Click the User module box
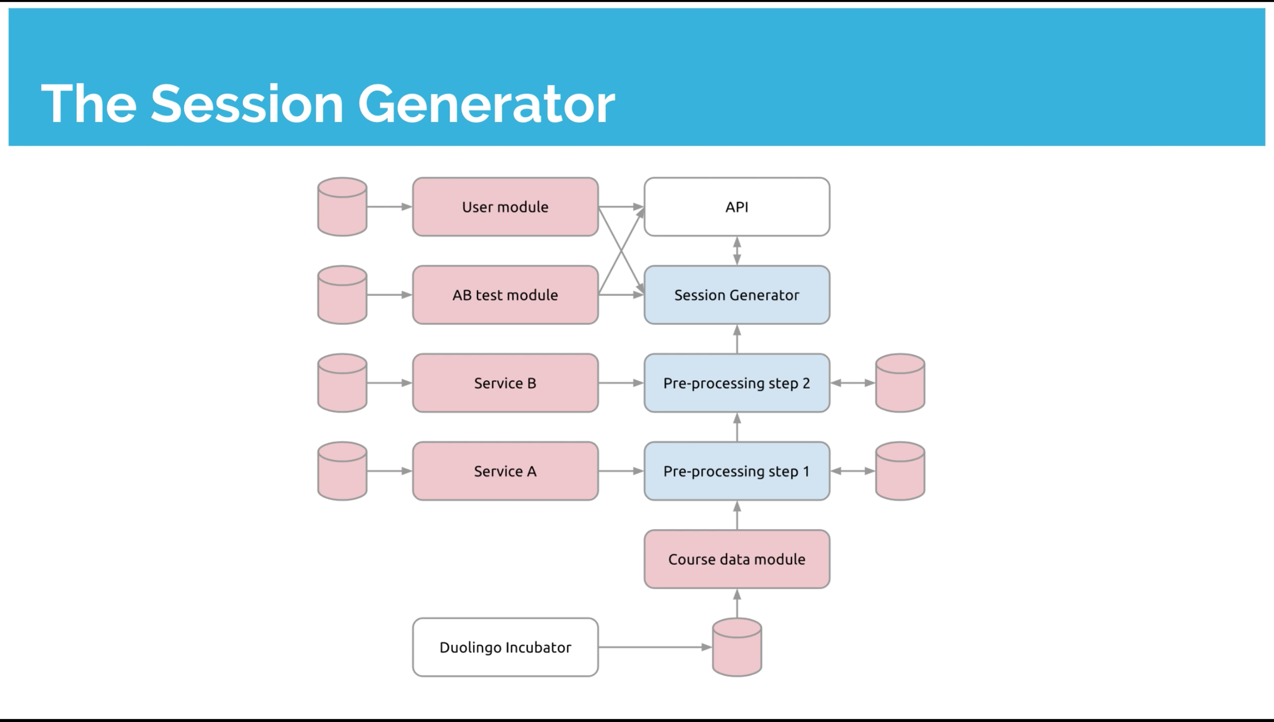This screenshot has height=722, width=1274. click(505, 207)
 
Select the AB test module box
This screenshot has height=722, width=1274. click(505, 295)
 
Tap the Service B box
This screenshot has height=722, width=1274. click(505, 383)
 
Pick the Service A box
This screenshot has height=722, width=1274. click(505, 471)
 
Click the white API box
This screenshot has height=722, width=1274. click(737, 207)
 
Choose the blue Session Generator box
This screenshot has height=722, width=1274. click(737, 295)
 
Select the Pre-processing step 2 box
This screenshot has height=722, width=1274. click(737, 383)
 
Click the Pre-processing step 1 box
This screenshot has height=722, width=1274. click(737, 471)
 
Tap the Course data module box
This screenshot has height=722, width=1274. click(737, 559)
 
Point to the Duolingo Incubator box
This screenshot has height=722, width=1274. click(505, 647)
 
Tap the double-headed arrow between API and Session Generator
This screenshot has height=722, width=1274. click(737, 250)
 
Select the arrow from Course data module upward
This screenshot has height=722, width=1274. click(737, 515)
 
